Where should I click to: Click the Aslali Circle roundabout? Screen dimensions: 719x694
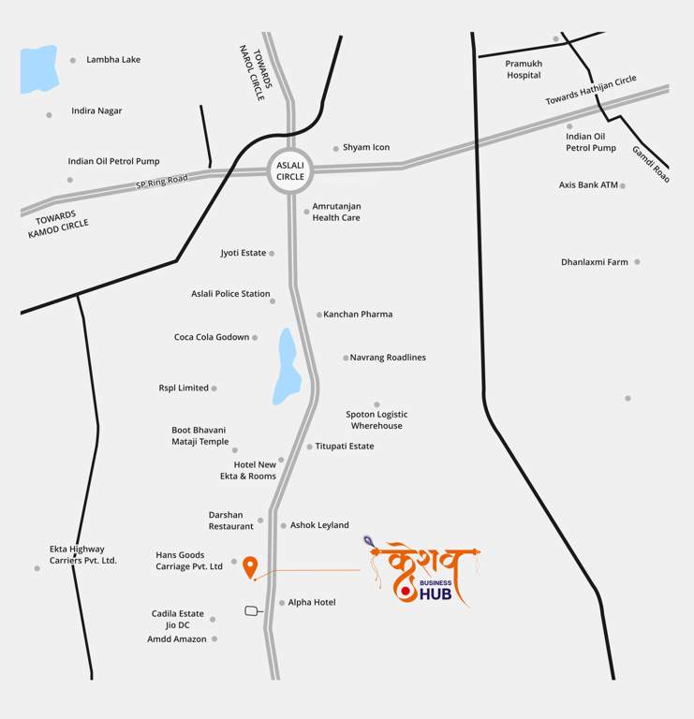[x=290, y=170]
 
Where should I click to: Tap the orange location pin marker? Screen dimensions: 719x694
[x=250, y=566]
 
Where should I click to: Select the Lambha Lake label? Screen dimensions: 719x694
[x=113, y=60]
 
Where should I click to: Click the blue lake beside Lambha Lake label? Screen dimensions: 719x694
[x=37, y=69]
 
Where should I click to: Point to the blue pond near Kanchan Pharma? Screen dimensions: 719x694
[x=286, y=367]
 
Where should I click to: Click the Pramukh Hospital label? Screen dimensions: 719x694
[x=524, y=69]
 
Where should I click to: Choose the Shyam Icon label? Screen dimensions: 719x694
[x=366, y=148]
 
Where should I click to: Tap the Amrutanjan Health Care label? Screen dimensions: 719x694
[x=336, y=212]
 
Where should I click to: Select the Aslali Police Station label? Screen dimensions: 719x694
[x=230, y=294]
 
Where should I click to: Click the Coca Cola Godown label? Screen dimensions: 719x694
[x=212, y=337]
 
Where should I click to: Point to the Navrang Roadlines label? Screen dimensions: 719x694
[x=388, y=358]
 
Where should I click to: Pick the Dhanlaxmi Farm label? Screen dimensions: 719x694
[x=595, y=262]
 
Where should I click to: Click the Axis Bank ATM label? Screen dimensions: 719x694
[x=588, y=185]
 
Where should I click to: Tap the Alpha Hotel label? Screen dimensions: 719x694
[x=312, y=603]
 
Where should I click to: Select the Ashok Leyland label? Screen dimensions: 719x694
[x=319, y=525]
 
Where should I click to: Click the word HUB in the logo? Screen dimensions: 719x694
[x=436, y=594]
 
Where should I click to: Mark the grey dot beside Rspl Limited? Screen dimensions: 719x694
[x=214, y=389]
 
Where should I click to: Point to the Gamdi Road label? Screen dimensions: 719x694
[x=651, y=163]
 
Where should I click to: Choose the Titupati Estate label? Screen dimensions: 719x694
[x=345, y=447]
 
